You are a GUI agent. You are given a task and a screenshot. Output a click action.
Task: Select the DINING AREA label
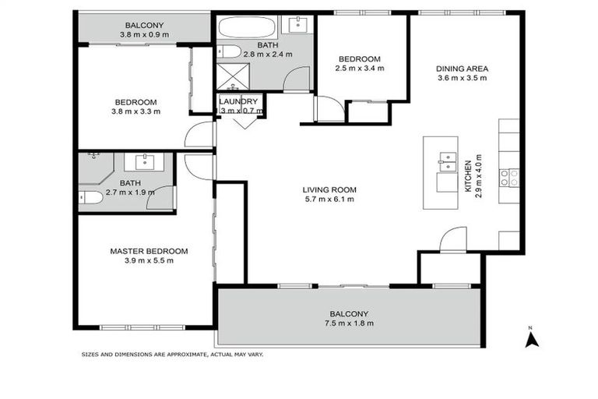click(462, 69)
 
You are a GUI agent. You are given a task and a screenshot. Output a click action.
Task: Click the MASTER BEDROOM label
click(149, 251)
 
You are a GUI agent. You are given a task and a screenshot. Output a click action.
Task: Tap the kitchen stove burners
click(509, 178)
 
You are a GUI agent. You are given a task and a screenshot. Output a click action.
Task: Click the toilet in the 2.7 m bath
click(90, 198)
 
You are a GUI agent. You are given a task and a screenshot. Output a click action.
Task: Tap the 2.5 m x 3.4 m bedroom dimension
click(360, 69)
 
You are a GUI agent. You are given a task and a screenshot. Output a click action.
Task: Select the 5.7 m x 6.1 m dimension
click(329, 199)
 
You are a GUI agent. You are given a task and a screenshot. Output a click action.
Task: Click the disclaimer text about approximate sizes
click(173, 355)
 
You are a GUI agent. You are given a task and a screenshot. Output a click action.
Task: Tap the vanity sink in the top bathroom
click(298, 26)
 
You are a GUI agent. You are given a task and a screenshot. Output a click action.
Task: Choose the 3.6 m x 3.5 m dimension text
click(462, 78)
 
